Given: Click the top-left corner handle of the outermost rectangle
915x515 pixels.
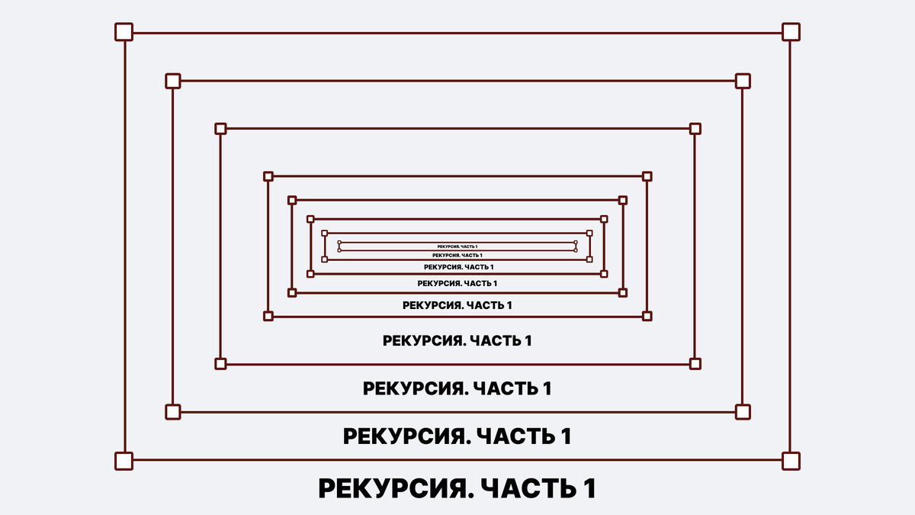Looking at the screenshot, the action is pyautogui.click(x=124, y=32).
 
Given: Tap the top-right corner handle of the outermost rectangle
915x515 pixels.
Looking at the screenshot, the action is pyautogui.click(x=791, y=32).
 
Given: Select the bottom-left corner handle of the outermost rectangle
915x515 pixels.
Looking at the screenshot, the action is pyautogui.click(x=124, y=461).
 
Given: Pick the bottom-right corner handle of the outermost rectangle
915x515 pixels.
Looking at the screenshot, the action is pyautogui.click(x=791, y=461).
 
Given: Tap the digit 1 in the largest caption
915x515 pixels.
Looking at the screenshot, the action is pyautogui.click(x=589, y=489).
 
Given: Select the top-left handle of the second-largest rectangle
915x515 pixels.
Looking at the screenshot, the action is pyautogui.click(x=173, y=81).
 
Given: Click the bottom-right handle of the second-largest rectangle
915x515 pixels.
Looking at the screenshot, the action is pyautogui.click(x=743, y=412).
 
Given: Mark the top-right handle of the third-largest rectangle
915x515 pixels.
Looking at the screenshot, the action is pyautogui.click(x=695, y=129).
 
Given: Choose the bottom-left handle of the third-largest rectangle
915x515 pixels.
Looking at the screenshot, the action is pyautogui.click(x=220, y=364).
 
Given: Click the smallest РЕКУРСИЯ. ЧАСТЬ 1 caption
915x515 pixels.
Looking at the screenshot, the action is pyautogui.click(x=457, y=246).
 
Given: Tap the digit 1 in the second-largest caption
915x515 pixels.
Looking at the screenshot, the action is pyautogui.click(x=566, y=437).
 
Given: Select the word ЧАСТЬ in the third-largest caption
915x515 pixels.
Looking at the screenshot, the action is pyautogui.click(x=506, y=388).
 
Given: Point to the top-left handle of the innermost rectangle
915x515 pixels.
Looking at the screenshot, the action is pyautogui.click(x=339, y=243).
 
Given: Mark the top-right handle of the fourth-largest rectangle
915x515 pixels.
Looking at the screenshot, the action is pyautogui.click(x=647, y=176).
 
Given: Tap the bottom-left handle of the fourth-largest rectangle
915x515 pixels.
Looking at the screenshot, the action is pyautogui.click(x=268, y=316).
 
